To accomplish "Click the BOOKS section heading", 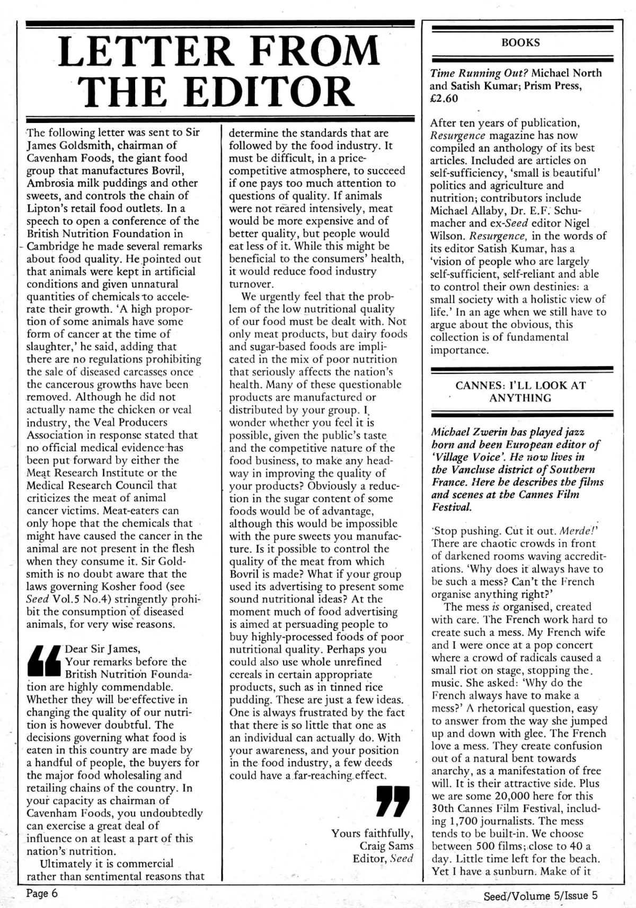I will pyautogui.click(x=520, y=43).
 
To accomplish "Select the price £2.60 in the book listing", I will pyautogui.click(x=444, y=99).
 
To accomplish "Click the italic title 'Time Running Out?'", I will pyautogui.click(x=479, y=73).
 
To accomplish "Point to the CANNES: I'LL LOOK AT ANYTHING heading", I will pyautogui.click(x=520, y=392).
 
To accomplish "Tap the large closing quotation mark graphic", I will pyautogui.click(x=393, y=801).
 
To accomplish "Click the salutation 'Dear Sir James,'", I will pyautogui.click(x=102, y=649).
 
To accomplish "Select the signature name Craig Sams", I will pyautogui.click(x=386, y=846).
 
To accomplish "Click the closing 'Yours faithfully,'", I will pyautogui.click(x=372, y=833).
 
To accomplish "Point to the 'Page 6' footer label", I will pyautogui.click(x=42, y=894).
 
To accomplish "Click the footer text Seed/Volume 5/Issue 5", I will pyautogui.click(x=541, y=895).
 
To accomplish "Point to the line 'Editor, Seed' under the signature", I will pyautogui.click(x=383, y=859).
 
